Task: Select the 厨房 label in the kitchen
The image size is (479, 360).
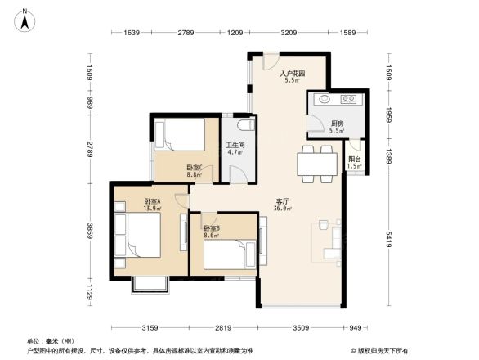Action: [337, 124]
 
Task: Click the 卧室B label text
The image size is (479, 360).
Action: [211, 228]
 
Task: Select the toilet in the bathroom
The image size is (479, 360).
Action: [243, 129]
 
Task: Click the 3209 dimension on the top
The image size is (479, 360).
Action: [287, 33]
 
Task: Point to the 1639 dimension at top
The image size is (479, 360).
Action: [133, 33]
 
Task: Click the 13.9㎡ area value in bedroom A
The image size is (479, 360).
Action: [153, 209]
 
